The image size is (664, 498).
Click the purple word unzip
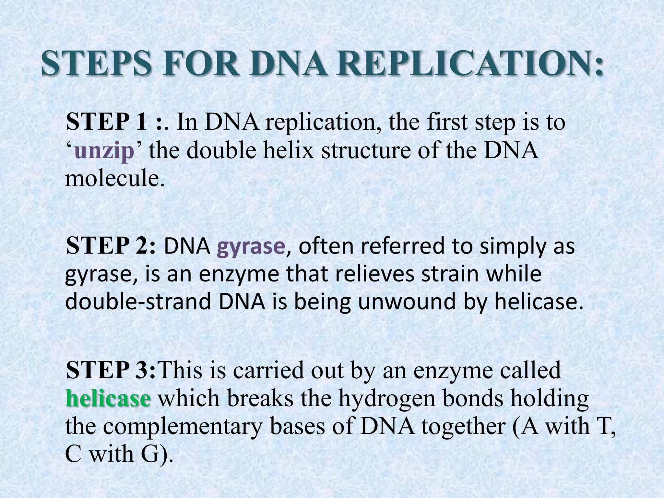[x=104, y=151]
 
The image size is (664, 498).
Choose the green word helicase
[x=108, y=398]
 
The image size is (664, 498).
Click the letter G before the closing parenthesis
[x=151, y=454]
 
